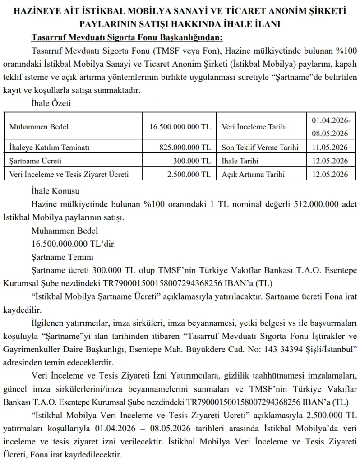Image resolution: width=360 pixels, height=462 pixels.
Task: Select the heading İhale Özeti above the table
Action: point(51,103)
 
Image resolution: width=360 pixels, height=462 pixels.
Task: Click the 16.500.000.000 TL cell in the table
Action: point(180,127)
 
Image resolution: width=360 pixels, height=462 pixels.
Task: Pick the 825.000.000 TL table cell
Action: point(185,148)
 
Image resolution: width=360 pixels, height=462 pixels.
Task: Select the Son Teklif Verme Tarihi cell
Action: point(260,148)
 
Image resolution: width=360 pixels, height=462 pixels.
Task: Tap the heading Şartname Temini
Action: point(62,258)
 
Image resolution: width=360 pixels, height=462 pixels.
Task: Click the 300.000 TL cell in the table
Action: point(192,161)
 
